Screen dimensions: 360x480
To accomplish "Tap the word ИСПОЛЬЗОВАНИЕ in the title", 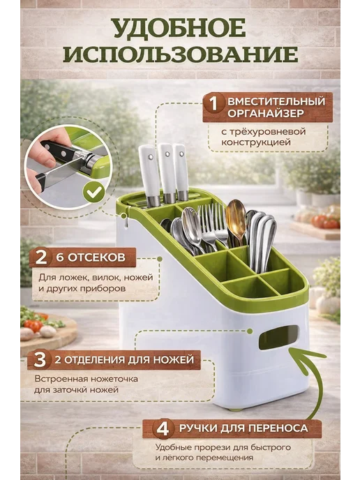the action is (181, 54).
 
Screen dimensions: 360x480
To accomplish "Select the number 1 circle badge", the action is (213, 104).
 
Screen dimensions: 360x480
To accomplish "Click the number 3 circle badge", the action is (40, 360).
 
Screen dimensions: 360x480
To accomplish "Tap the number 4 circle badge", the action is (163, 428).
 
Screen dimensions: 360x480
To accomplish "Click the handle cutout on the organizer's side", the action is (278, 338).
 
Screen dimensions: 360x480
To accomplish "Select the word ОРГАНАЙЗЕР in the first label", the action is (266, 113).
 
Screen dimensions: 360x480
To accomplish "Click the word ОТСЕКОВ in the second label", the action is (96, 257).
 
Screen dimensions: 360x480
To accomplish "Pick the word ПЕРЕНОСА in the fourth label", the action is (278, 428).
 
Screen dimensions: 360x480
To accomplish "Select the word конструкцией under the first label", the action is (255, 142).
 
